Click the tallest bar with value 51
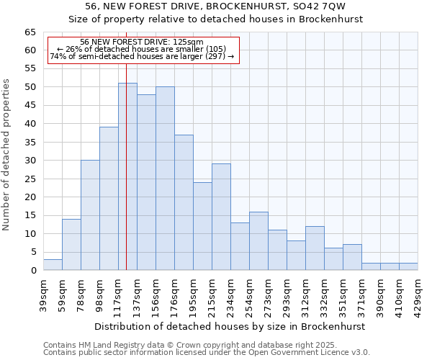pos(127,176)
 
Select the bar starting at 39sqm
pos(53,265)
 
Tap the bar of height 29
pos(221,217)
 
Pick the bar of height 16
pos(258,240)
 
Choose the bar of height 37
pos(184,202)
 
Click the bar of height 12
pos(315,248)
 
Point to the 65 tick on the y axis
pos(30,32)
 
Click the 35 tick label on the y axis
pos(30,143)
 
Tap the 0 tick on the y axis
pos(32,271)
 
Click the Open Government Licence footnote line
pos(207,352)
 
